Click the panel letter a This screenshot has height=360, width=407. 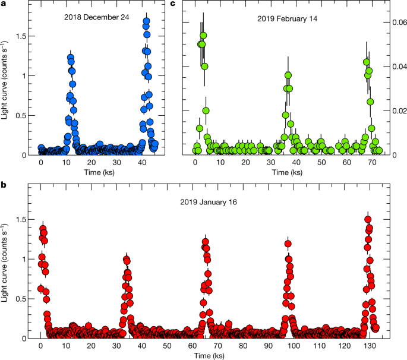(5, 4)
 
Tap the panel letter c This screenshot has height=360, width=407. (173, 4)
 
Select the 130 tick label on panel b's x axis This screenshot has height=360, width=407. (368, 346)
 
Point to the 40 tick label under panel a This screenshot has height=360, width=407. (141, 163)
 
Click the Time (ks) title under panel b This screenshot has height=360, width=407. (206, 355)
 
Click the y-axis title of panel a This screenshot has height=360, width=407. (6, 81)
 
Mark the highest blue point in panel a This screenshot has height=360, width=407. (146, 21)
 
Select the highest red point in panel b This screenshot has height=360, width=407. (368, 219)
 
